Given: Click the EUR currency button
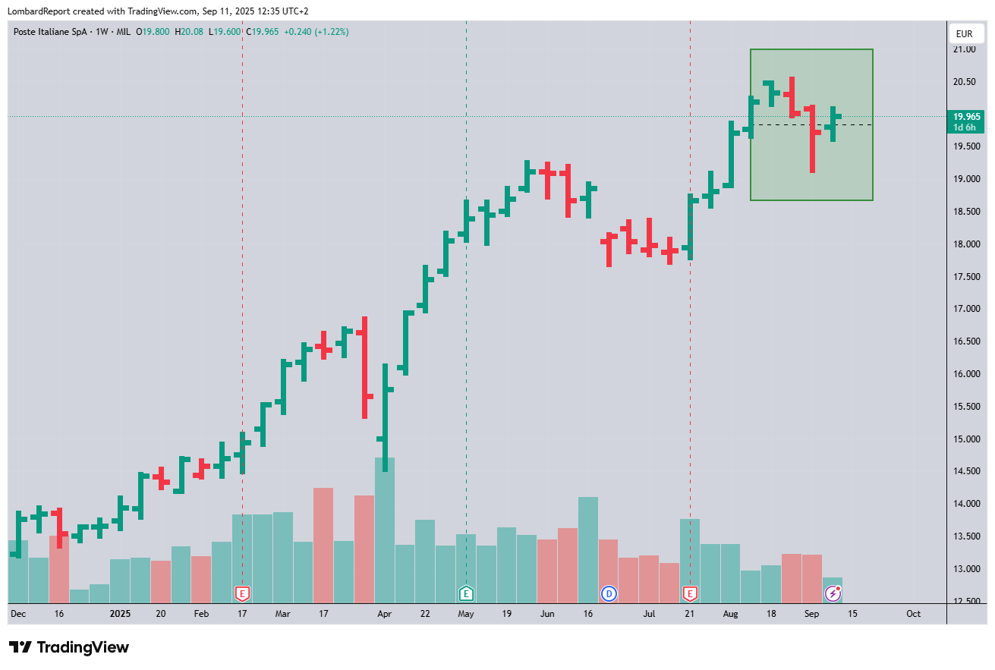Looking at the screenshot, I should (964, 33).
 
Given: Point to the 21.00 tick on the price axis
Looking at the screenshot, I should (964, 49).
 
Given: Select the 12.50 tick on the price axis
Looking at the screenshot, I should (964, 601).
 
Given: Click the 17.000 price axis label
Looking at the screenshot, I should (964, 309).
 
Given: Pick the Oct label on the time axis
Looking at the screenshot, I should (913, 613).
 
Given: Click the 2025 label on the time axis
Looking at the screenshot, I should (121, 613).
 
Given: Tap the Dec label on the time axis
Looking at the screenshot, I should (18, 613).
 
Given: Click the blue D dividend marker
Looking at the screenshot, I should (609, 593).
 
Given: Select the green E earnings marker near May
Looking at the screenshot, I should (466, 593).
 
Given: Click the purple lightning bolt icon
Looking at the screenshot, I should (833, 593).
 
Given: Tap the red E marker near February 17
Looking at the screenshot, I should (242, 593).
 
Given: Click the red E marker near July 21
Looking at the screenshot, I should (690, 593).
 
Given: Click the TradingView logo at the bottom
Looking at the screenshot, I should (69, 647).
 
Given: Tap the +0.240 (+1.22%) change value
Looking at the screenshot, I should (315, 32).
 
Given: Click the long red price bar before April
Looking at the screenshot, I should (364, 368).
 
